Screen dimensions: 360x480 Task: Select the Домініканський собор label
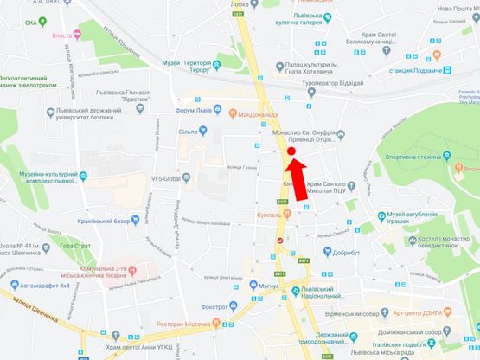click(432, 331)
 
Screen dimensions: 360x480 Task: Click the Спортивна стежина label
click(416, 157)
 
